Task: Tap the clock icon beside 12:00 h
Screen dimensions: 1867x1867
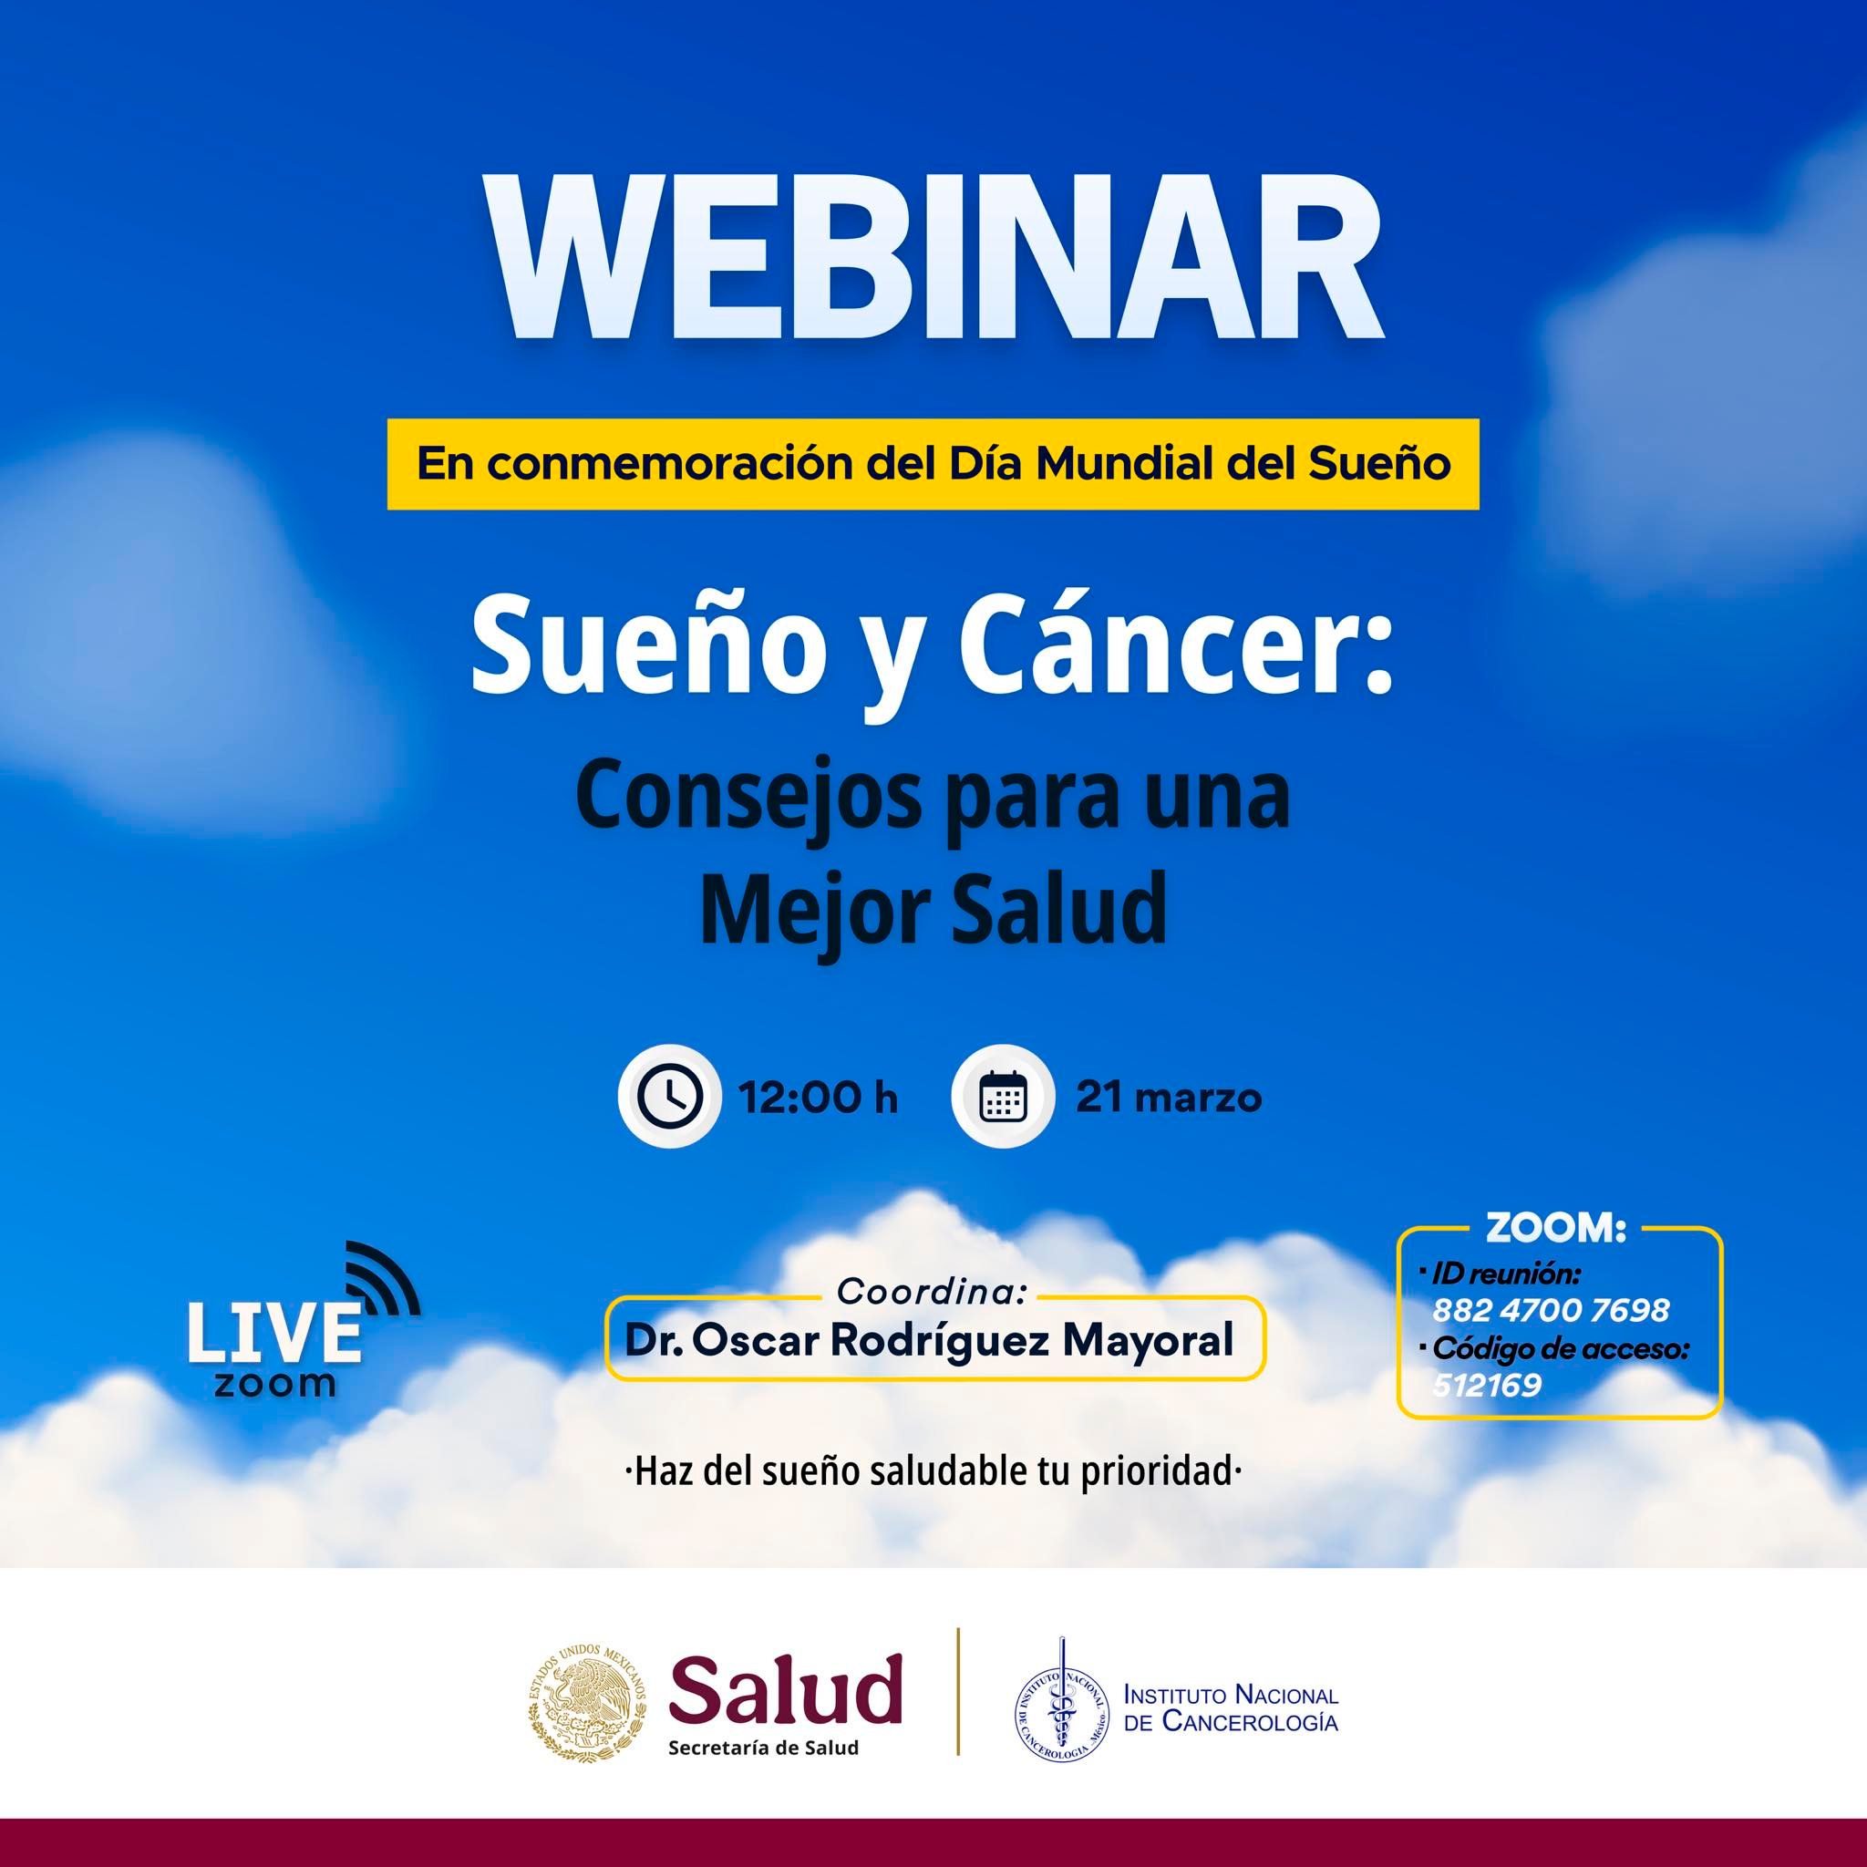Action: (x=669, y=1098)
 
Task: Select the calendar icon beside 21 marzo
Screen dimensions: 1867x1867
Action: (x=1002, y=1098)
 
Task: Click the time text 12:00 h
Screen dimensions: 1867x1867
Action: (x=818, y=1099)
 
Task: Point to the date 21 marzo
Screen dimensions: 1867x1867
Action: (x=1169, y=1099)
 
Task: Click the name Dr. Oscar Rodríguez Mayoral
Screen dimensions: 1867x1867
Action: (x=930, y=1339)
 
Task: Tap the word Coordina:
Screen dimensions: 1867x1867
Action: (x=932, y=1290)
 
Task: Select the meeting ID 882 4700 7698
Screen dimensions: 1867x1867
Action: (x=1550, y=1310)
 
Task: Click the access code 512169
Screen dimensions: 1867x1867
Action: (x=1486, y=1386)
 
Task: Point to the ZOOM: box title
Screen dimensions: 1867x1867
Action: (x=1556, y=1228)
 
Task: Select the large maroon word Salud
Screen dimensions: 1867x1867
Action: (x=786, y=1689)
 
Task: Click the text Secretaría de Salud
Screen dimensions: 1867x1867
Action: (x=763, y=1748)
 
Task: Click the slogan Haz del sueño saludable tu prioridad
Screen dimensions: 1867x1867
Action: (x=933, y=1473)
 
